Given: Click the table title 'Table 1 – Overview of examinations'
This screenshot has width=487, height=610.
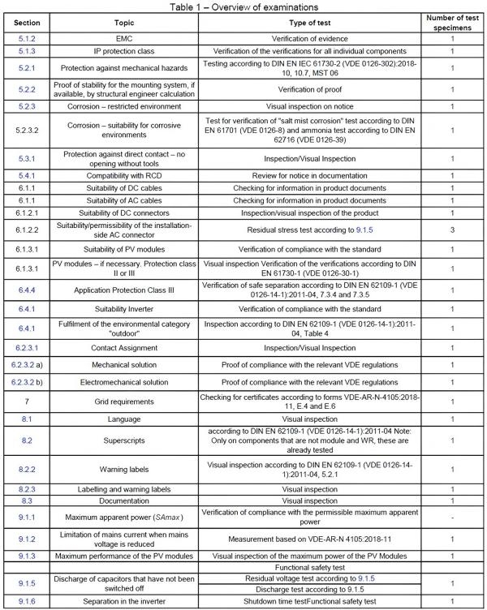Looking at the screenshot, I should [x=243, y=6].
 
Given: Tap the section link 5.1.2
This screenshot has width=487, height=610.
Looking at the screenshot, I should [x=26, y=37].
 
